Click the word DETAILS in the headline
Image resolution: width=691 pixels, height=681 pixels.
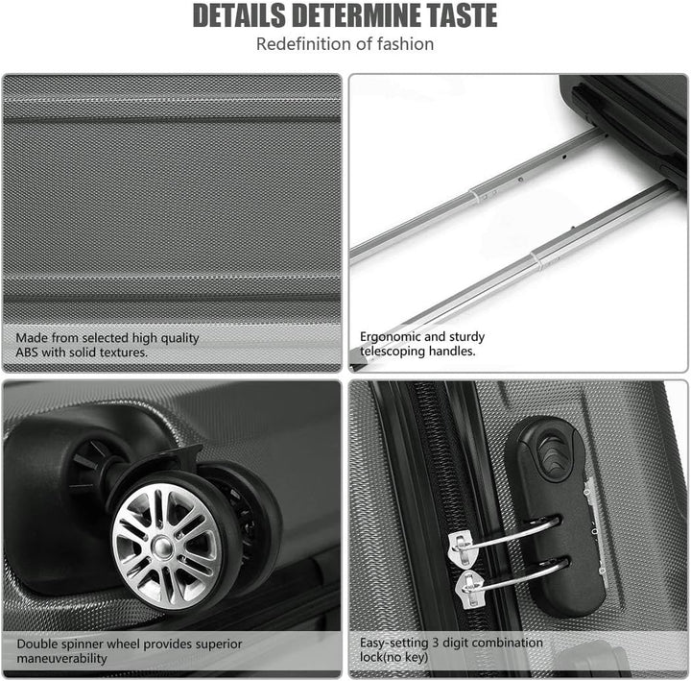click(239, 15)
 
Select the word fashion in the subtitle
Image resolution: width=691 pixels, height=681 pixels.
click(405, 43)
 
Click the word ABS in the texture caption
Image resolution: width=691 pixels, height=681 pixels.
click(27, 353)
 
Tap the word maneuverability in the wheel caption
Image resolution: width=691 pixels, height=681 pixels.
click(61, 659)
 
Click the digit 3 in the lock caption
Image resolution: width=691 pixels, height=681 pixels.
click(435, 643)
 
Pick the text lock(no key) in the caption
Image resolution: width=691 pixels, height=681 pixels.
click(394, 657)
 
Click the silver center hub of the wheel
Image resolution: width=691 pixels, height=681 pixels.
click(162, 547)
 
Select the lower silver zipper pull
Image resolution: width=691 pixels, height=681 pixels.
click(469, 589)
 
